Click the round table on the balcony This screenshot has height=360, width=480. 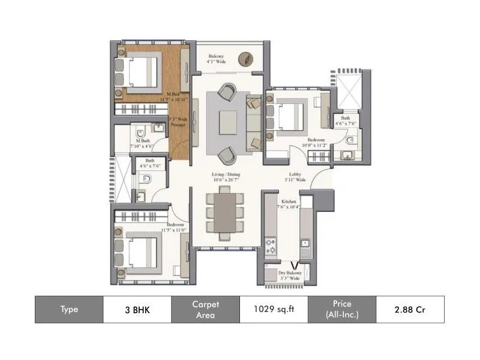245,59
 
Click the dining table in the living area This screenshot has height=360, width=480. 226,212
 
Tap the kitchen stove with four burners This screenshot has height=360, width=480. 271,246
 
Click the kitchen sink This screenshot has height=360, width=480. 305,244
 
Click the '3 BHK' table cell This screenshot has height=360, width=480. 137,310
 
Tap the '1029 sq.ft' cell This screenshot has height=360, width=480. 274,310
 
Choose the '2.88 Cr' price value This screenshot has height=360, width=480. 410,310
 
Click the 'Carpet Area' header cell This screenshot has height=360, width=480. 205,310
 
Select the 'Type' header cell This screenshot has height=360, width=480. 69,310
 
